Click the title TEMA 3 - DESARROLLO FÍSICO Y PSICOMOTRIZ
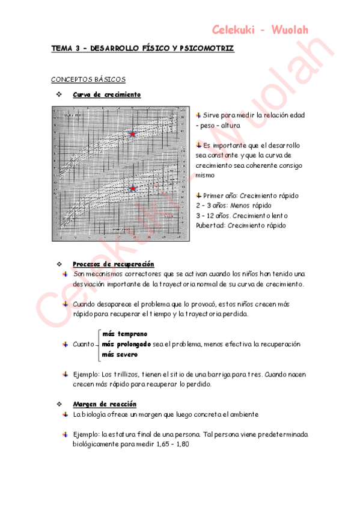pos(142,48)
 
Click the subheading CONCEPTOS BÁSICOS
pos(88,79)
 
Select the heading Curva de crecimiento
pos(106,94)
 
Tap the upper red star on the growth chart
pos(133,134)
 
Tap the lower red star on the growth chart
pos(133,188)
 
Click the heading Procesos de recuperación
pos(113,264)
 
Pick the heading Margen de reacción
pos(104,404)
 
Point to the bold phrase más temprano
pos(124,334)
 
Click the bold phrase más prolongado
pos(126,344)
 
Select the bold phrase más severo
pos(120,354)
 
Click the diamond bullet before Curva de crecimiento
pos(59,94)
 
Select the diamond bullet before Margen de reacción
pos(59,404)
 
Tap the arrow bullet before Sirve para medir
pos(199,114)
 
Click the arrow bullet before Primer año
pos(199,195)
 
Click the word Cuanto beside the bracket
pos(84,344)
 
